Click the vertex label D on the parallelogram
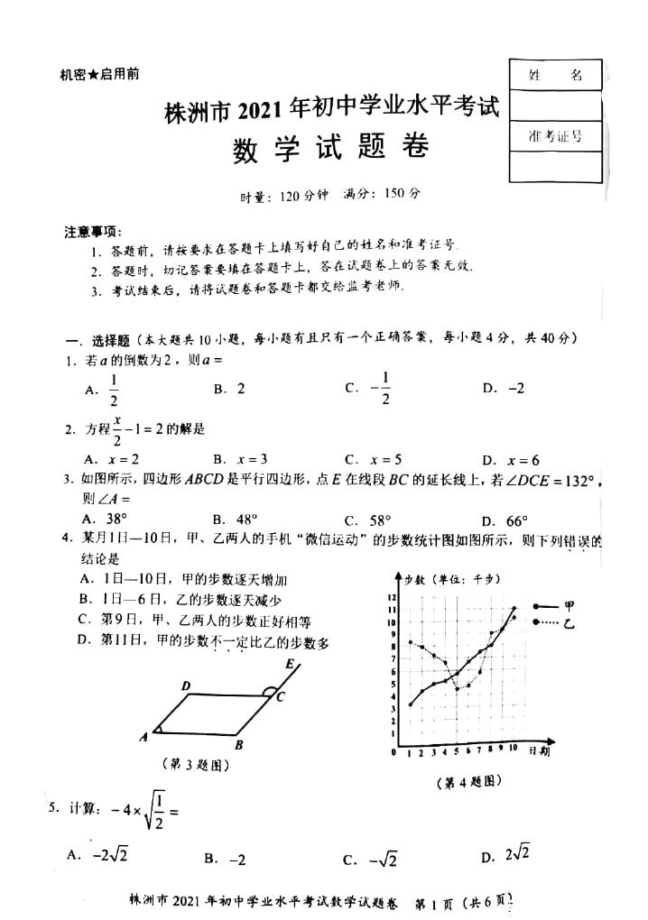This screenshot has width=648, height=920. (185, 687)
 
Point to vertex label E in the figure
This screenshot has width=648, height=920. (289, 665)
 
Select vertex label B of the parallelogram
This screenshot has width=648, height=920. (237, 746)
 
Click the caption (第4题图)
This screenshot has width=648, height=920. (467, 781)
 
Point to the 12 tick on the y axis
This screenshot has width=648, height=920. (392, 597)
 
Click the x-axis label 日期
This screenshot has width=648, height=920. (540, 750)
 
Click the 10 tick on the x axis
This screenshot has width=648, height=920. (514, 750)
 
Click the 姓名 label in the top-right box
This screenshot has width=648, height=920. (555, 77)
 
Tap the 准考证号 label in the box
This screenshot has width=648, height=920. (555, 136)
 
